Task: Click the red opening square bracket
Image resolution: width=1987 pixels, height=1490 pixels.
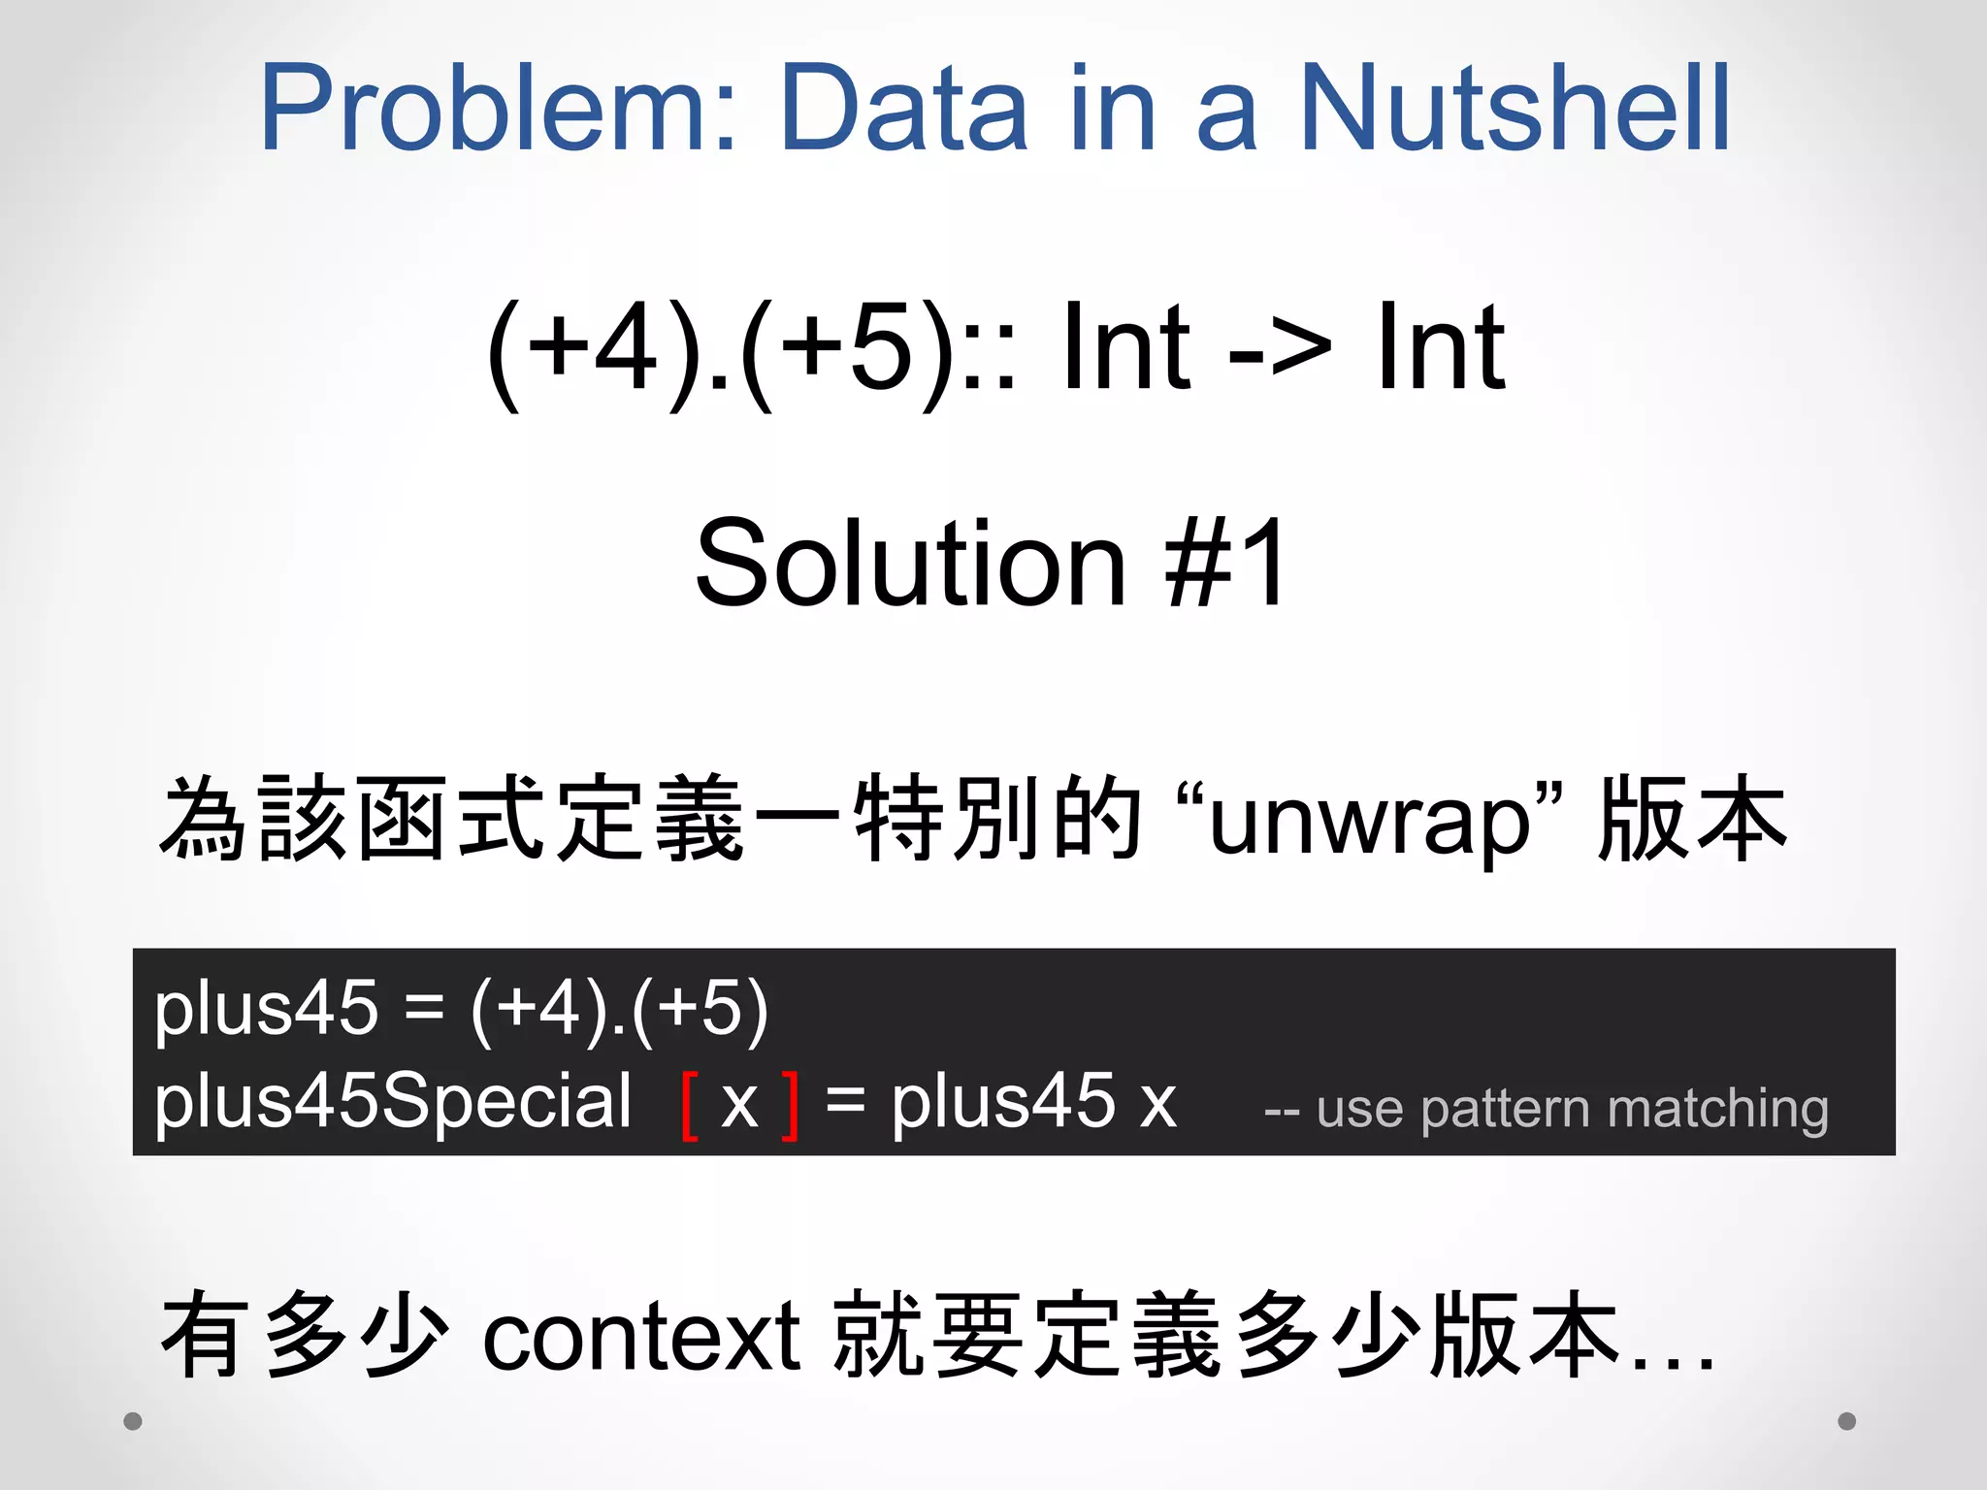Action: [x=691, y=1105]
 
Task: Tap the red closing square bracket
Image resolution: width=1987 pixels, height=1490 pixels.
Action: [x=791, y=1105]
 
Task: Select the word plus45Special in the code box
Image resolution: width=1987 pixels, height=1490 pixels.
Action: [x=393, y=1103]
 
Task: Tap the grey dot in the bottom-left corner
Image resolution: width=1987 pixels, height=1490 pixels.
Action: [x=134, y=1421]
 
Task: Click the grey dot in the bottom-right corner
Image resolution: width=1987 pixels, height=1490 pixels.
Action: [x=1847, y=1421]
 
